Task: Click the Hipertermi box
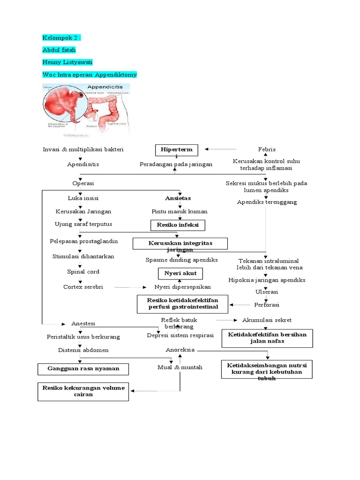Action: click(177, 150)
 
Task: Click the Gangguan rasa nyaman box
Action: click(83, 369)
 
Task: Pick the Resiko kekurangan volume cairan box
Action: click(83, 391)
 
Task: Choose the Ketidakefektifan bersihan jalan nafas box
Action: click(267, 338)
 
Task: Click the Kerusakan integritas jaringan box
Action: click(180, 244)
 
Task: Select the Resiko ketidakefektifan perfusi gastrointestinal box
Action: click(182, 303)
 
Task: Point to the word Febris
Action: click(267, 150)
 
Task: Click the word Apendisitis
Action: click(83, 165)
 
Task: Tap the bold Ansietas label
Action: click(178, 198)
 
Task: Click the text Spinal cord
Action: click(83, 272)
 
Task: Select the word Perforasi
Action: click(266, 305)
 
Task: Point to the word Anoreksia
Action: click(180, 350)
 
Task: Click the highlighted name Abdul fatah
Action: click(59, 50)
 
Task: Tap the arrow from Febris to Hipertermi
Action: click(221, 150)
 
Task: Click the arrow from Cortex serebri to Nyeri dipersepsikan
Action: click(131, 287)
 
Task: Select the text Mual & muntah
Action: click(180, 367)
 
